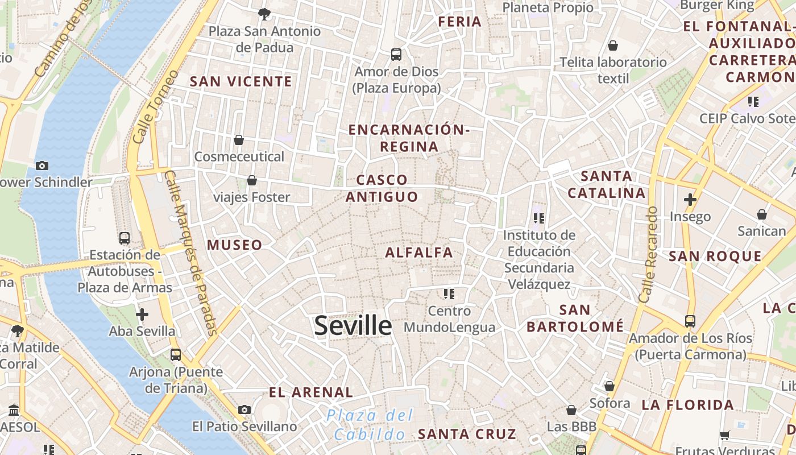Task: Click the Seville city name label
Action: [353, 326]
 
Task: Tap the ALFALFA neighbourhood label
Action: [419, 253]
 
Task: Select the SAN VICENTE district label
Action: [241, 82]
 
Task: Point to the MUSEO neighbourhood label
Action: [234, 245]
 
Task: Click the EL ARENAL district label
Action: [310, 392]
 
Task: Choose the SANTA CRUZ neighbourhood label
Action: [467, 434]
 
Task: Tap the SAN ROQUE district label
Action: [715, 257]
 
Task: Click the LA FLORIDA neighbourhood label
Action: [687, 405]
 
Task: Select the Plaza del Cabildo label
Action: [370, 425]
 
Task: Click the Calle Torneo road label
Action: [155, 107]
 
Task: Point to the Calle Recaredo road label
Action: [648, 254]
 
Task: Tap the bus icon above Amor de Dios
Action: [396, 55]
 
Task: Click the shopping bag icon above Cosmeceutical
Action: [239, 140]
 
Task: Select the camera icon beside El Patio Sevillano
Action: [244, 409]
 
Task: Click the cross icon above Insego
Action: [690, 200]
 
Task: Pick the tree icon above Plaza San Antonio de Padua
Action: [264, 14]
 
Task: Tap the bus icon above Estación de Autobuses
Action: [125, 238]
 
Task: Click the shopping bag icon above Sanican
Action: [761, 214]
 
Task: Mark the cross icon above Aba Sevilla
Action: [142, 314]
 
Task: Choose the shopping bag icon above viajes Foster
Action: [251, 180]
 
